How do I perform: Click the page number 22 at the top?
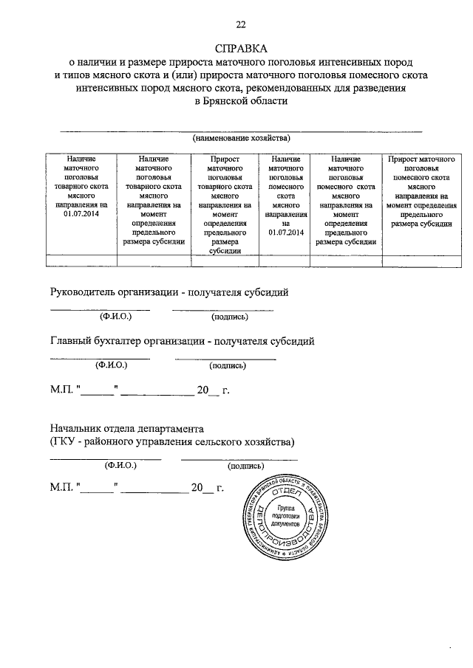point(240,25)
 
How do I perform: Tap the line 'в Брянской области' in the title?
point(240,102)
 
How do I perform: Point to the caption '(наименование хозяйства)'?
point(241,138)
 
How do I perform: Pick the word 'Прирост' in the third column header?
point(225,159)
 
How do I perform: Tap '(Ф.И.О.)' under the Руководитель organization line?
point(115,317)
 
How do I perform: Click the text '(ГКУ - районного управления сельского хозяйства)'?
point(172,442)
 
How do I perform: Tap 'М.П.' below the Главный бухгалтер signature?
point(61,390)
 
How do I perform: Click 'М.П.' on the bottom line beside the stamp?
point(61,489)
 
